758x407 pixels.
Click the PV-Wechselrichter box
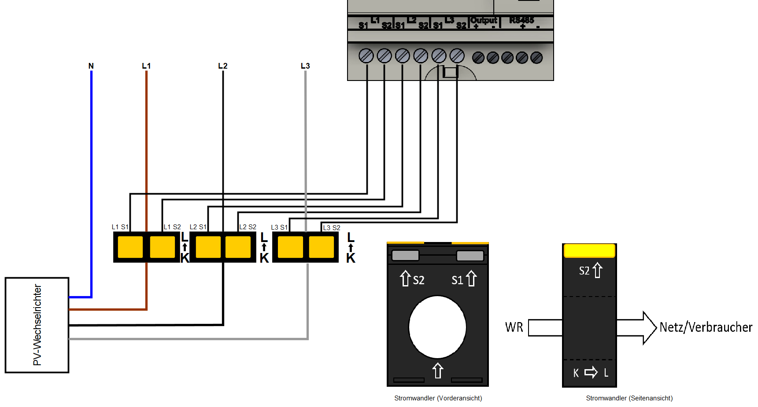pyautogui.click(x=37, y=325)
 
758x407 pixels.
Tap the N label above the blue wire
pyautogui.click(x=91, y=66)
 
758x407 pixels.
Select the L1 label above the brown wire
pyautogui.click(x=146, y=66)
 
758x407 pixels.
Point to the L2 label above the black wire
pyautogui.click(x=223, y=66)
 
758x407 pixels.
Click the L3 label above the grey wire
pyautogui.click(x=305, y=66)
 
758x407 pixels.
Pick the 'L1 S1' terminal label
pyautogui.click(x=120, y=227)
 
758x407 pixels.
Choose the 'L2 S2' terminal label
pyautogui.click(x=248, y=227)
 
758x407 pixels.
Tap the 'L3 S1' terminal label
pyautogui.click(x=279, y=227)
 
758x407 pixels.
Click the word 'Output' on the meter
pyautogui.click(x=484, y=20)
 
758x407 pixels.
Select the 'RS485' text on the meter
pyautogui.click(x=521, y=20)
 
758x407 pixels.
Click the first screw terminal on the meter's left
pyautogui.click(x=366, y=56)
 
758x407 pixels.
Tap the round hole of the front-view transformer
pyautogui.click(x=437, y=327)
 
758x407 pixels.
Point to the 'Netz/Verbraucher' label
pyautogui.click(x=706, y=327)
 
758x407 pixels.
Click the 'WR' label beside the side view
pyautogui.click(x=514, y=327)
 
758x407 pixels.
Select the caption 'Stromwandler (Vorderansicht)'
pyautogui.click(x=438, y=398)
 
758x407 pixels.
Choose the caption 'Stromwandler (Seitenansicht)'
pyautogui.click(x=629, y=398)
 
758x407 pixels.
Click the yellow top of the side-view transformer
pyautogui.click(x=589, y=250)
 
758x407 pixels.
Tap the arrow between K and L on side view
pyautogui.click(x=591, y=373)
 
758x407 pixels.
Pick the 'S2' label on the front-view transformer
pyautogui.click(x=418, y=280)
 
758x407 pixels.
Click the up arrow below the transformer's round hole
pyautogui.click(x=437, y=370)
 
